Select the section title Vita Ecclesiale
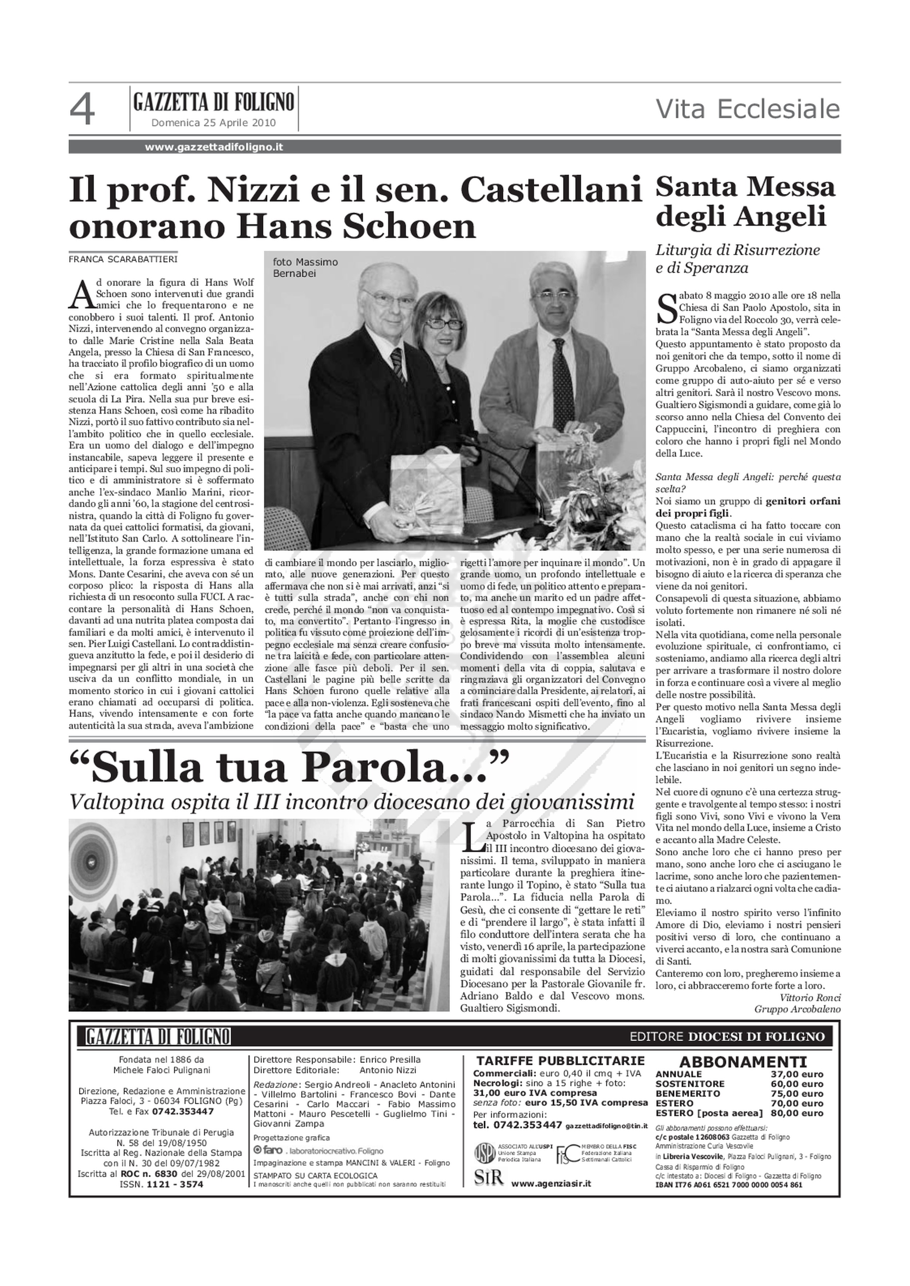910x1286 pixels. point(748,109)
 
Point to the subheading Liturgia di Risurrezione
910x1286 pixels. point(737,250)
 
